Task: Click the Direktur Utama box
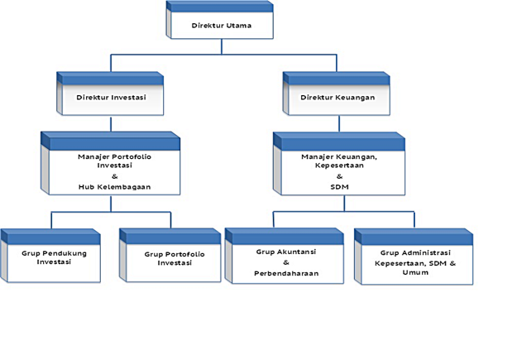pyautogui.click(x=221, y=25)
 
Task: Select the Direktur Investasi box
pyautogui.click(x=111, y=97)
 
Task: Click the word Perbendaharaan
pyautogui.click(x=286, y=272)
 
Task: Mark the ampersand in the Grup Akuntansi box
pyautogui.click(x=286, y=262)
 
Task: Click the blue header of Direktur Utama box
pyautogui.click(x=221, y=7)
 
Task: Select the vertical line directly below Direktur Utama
pyautogui.click(x=221, y=46)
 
